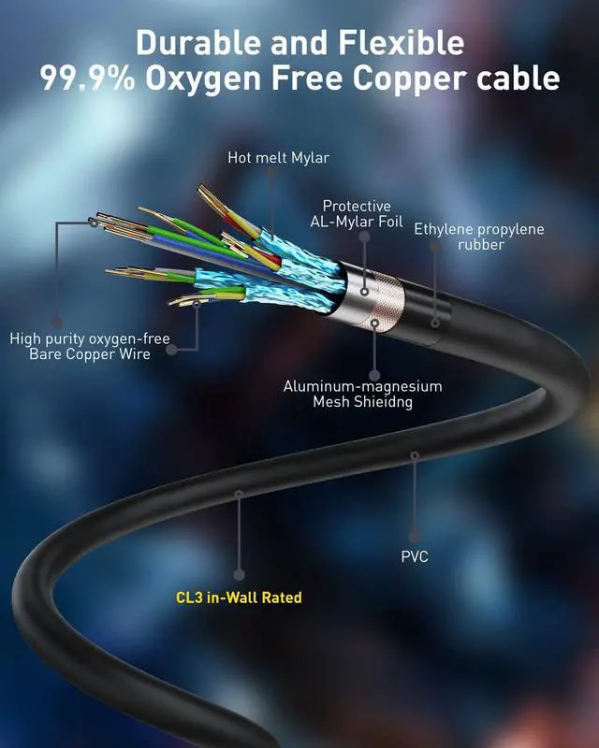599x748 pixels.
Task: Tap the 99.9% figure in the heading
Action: coord(88,79)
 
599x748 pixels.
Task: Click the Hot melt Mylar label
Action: coord(278,158)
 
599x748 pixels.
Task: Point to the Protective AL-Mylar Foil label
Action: coord(357,214)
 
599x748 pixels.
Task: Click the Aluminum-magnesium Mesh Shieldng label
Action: coord(362,394)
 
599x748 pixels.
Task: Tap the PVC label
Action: coord(415,557)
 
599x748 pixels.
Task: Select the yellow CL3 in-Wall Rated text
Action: coord(239,597)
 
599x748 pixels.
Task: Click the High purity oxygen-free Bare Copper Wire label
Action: coord(90,346)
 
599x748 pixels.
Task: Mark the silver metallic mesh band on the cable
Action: coord(379,298)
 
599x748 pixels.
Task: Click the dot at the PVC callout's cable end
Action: coord(415,456)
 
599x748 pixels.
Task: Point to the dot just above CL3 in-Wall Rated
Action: coord(239,574)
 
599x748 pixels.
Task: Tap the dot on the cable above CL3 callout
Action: coord(239,492)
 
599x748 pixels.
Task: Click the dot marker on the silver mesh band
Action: coord(374,324)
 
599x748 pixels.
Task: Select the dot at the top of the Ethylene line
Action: coord(434,248)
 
